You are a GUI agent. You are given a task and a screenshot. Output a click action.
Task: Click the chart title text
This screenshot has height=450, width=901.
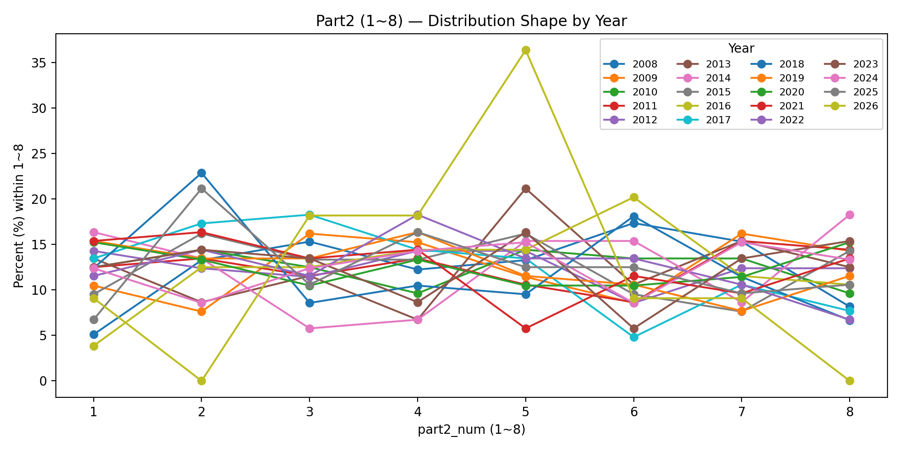(471, 21)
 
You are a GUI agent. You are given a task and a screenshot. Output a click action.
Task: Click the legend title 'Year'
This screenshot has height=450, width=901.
(741, 48)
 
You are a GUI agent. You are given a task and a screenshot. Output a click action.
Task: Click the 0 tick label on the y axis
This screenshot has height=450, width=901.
(43, 381)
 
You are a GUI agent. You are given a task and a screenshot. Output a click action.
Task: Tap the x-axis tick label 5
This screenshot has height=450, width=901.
(525, 412)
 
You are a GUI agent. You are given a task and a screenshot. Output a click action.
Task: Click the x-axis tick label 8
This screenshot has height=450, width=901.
(850, 412)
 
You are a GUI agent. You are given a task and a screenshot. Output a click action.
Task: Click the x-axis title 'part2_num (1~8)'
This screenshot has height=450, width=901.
(471, 430)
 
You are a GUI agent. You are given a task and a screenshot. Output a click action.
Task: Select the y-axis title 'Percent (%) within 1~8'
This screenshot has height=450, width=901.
(18, 216)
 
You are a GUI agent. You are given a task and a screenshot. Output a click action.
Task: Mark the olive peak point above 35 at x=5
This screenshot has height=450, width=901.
(526, 50)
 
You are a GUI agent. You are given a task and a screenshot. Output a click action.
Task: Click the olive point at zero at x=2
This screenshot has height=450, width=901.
(201, 381)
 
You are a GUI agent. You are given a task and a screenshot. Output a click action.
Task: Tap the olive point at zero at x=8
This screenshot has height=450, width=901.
(850, 381)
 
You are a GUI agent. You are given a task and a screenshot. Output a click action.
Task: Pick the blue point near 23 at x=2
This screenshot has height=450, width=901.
(201, 173)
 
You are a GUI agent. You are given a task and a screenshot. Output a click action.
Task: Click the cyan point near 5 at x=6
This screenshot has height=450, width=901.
(634, 337)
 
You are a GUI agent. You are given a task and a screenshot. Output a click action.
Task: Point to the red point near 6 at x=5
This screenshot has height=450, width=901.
(526, 328)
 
